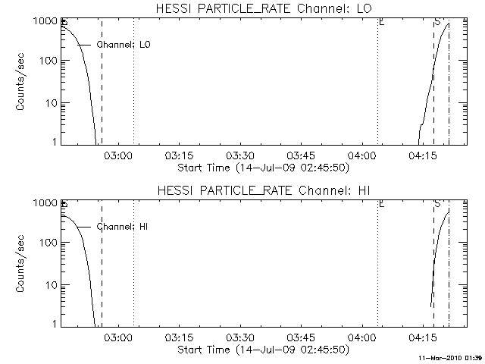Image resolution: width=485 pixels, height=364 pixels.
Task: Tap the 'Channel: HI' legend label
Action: (124, 227)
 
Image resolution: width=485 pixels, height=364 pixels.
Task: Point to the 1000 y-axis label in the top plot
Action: (45, 20)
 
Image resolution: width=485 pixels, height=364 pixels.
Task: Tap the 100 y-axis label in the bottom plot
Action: (48, 243)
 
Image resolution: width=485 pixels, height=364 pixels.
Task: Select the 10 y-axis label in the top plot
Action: (51, 102)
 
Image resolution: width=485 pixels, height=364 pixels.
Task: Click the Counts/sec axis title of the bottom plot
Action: (23, 264)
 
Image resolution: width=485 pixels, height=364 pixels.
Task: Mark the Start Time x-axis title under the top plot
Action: (262, 168)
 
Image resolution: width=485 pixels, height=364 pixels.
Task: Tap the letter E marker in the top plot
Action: (381, 22)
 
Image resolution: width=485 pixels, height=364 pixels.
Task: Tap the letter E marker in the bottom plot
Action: (381, 204)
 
